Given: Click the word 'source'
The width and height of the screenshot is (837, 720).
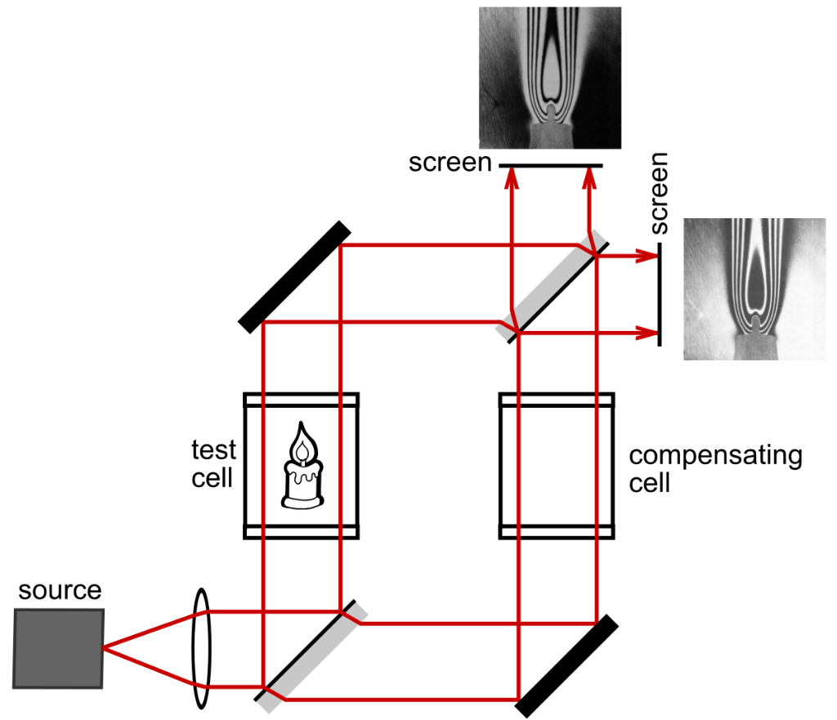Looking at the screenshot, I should [x=60, y=590].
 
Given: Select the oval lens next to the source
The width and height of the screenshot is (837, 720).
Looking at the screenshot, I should [x=199, y=649].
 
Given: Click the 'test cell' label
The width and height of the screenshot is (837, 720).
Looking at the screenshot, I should [x=213, y=463].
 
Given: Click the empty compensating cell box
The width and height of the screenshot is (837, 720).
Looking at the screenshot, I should [x=557, y=466].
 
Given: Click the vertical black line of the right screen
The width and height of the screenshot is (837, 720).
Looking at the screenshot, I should [x=659, y=294].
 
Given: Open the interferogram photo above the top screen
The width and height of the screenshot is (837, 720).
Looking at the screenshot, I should [x=550, y=78].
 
